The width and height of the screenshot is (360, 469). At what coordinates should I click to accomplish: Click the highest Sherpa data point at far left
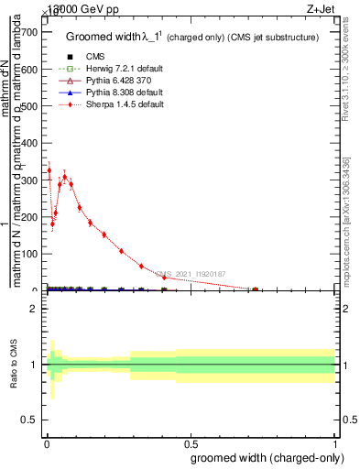[x=49, y=170]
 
